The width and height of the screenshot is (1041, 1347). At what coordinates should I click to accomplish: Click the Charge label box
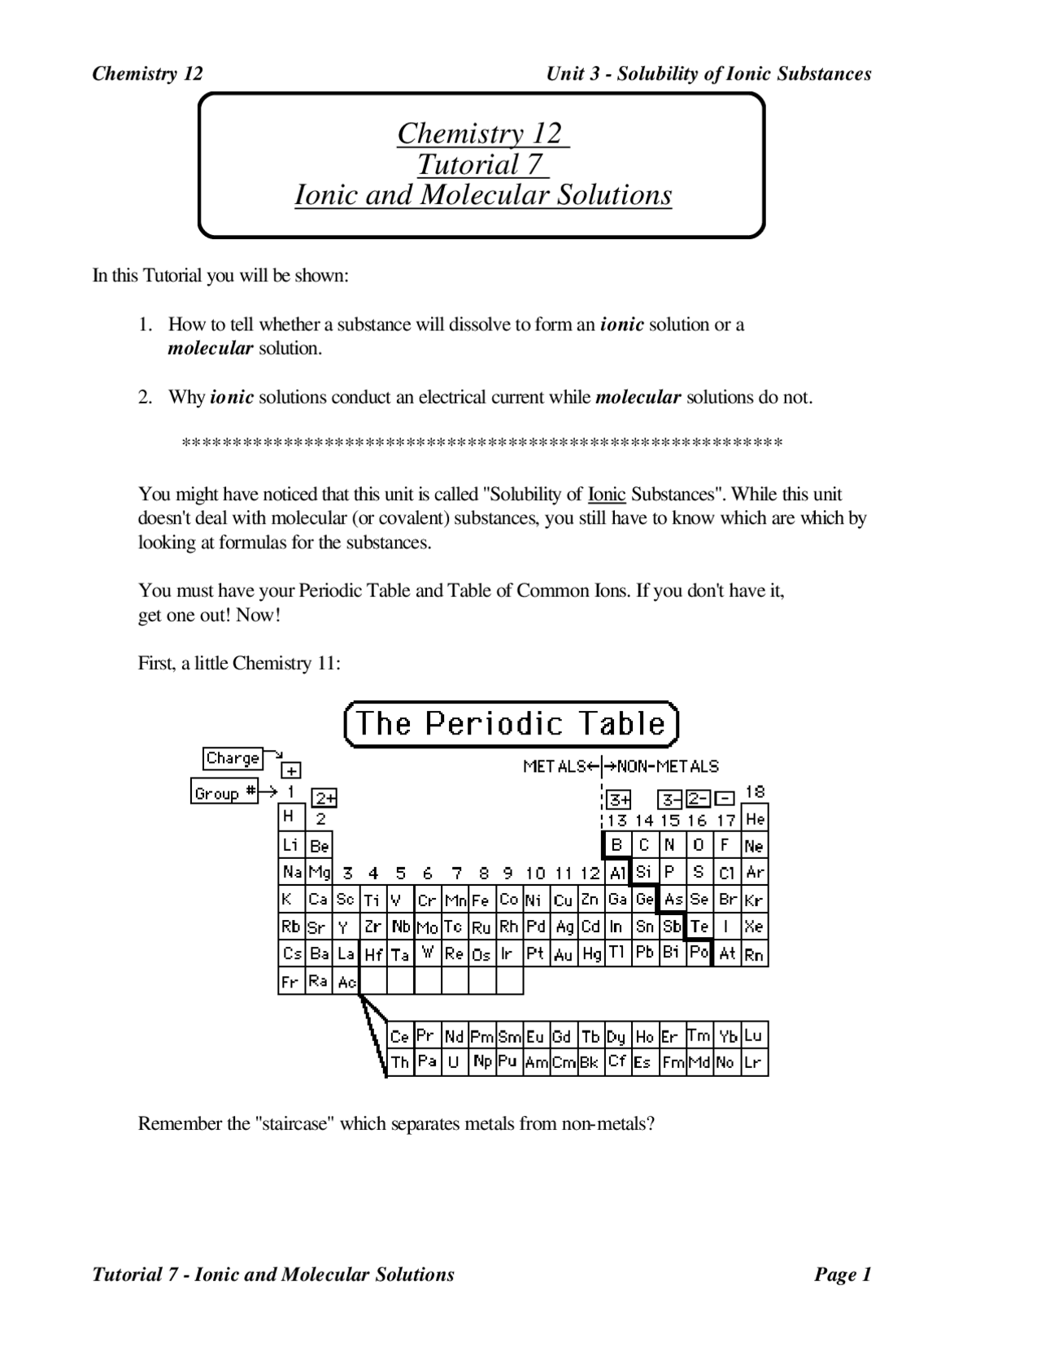[x=233, y=758]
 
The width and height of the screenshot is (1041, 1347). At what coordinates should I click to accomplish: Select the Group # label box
[x=224, y=792]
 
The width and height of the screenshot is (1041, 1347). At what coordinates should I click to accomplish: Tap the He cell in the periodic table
[x=755, y=819]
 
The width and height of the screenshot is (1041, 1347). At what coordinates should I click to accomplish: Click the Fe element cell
[x=481, y=900]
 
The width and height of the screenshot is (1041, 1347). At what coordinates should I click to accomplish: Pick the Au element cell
[x=563, y=955]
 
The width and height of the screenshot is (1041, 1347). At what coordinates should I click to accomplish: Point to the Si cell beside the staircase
[x=643, y=872]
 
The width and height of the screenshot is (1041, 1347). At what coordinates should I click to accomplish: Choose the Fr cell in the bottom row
[x=290, y=982]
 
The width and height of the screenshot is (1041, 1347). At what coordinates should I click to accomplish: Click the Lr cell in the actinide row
[x=754, y=1062]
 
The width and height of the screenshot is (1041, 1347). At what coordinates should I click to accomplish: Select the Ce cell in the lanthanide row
[x=399, y=1036]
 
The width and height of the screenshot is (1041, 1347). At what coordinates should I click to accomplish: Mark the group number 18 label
[x=755, y=791]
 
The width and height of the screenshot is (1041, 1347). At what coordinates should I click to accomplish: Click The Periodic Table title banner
[x=511, y=724]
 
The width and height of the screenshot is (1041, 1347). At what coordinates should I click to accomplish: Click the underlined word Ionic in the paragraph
[x=607, y=495]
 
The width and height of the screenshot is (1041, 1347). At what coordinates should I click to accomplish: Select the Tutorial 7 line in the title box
[x=481, y=164]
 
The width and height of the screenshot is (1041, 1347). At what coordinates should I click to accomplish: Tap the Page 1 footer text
[x=843, y=1275]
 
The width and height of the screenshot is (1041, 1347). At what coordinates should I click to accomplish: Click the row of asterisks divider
[x=481, y=443]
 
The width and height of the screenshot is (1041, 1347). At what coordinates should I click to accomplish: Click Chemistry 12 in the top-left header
[x=147, y=74]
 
